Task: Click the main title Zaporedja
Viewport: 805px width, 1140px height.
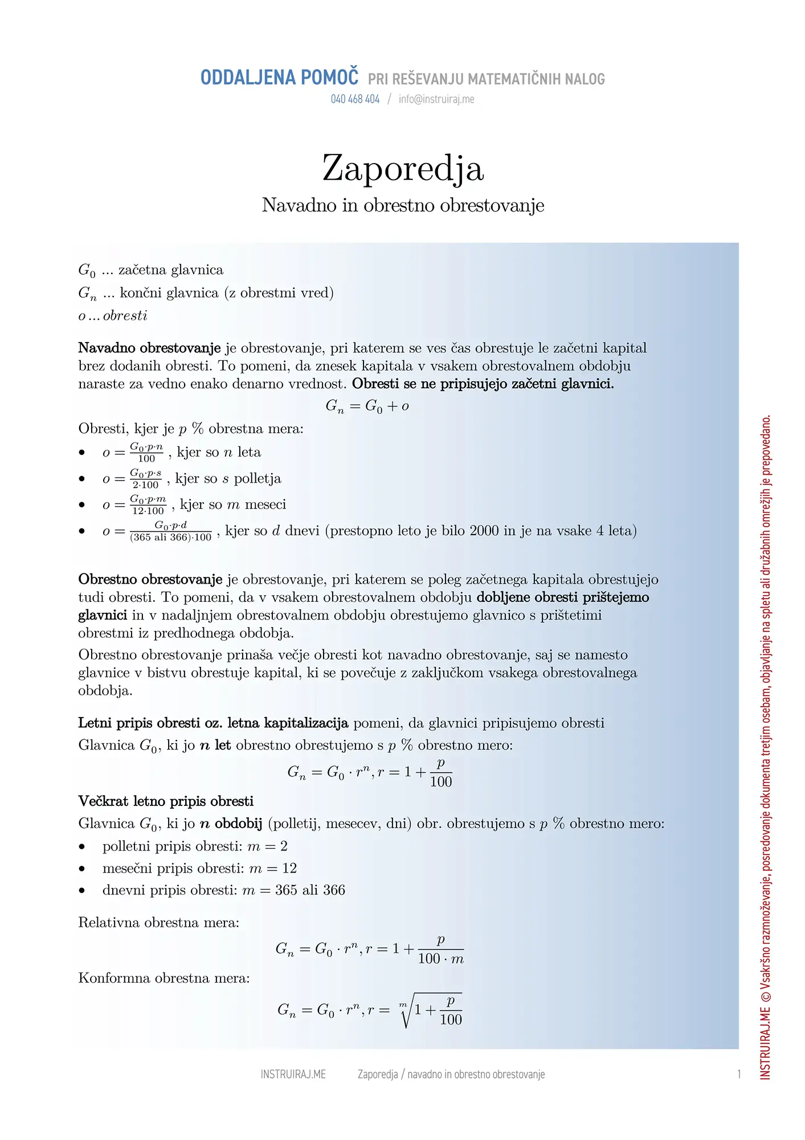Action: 403,169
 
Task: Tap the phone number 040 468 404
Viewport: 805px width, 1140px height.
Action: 355,99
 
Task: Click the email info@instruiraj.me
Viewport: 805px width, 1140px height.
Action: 436,99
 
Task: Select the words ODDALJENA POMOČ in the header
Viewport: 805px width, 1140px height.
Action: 279,78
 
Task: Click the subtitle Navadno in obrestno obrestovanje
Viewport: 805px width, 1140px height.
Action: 403,205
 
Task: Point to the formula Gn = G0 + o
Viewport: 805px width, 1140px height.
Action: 367,406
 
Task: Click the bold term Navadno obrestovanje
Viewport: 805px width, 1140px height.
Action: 149,348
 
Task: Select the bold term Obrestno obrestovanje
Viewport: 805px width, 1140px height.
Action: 150,579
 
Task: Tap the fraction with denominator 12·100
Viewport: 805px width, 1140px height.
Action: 148,505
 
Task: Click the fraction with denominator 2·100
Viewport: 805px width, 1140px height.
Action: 146,479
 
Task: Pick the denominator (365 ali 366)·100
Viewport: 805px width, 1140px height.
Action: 170,538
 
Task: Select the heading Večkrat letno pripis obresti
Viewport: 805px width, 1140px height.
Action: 166,801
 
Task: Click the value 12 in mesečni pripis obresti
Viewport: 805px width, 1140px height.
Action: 289,868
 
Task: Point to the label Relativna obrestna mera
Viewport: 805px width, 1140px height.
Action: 158,922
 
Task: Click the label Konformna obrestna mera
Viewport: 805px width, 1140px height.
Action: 164,978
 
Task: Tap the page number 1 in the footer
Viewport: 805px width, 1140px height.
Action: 739,1074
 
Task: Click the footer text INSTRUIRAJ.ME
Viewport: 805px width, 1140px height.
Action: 293,1074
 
